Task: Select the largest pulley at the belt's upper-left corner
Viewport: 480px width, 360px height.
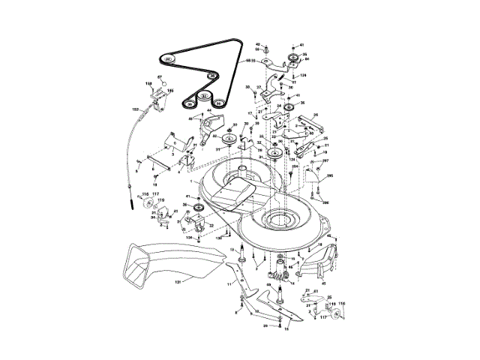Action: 169,58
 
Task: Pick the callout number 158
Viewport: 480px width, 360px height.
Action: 148,82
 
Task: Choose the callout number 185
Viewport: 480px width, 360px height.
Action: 170,91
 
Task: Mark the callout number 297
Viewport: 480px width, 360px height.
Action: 325,160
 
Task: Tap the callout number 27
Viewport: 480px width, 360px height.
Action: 259,88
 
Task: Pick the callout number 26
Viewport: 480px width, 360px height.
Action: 316,115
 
